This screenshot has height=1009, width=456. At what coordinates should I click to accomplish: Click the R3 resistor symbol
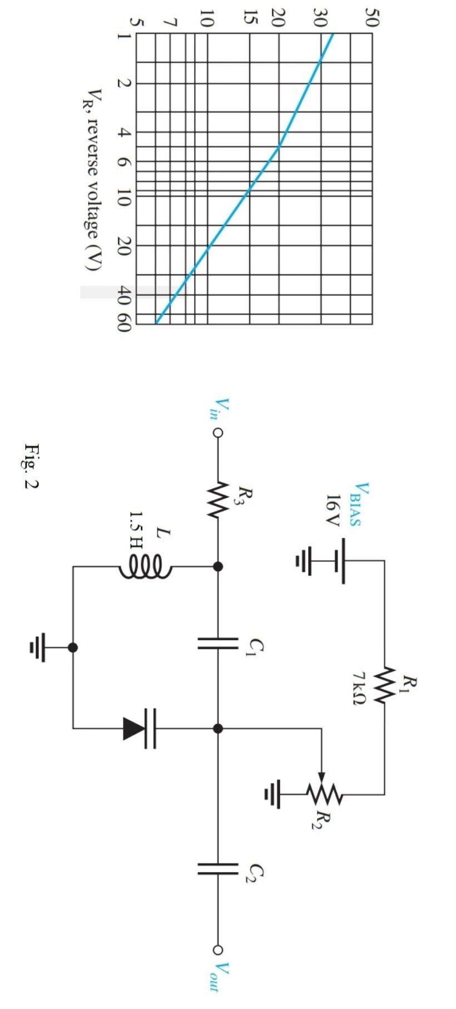coord(218,499)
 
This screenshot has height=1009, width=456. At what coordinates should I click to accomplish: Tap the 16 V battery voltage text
coord(332,510)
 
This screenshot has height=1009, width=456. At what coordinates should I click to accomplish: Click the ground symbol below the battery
coord(304,560)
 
